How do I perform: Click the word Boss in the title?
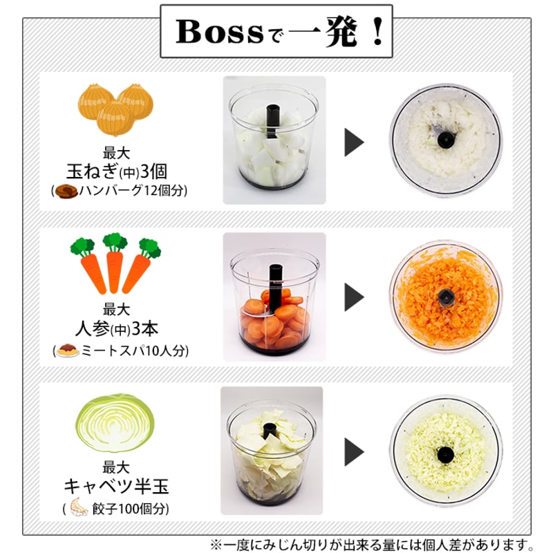coord(219,32)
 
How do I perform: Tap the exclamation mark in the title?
coord(377,31)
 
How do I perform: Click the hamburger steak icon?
coord(66,191)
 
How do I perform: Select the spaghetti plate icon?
coord(67,350)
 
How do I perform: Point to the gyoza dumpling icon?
coord(79,507)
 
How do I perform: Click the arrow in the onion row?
coord(354,142)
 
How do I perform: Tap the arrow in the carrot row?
coord(354,297)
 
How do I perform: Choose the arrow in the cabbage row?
coord(354,452)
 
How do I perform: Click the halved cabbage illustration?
coord(115,423)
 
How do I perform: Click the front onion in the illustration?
coord(115,118)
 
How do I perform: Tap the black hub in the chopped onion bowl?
coord(446,140)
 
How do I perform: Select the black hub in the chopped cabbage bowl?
coord(445,455)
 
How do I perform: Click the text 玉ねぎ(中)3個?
coord(116,171)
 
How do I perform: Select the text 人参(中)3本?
coord(116,329)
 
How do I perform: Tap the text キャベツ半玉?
coord(116,486)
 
